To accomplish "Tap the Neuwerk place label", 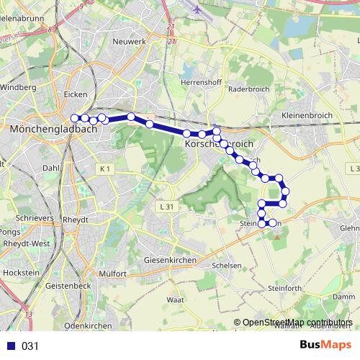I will (130, 42).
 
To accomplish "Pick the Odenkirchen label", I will (88, 325).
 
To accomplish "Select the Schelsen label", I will (227, 265).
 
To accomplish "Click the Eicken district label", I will (76, 94).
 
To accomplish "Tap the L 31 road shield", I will (165, 207).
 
